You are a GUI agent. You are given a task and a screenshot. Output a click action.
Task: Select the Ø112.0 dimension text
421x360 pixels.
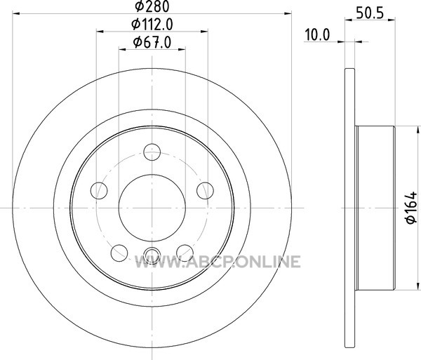[152, 25]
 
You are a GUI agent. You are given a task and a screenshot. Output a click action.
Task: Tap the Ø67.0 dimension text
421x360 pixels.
[152, 42]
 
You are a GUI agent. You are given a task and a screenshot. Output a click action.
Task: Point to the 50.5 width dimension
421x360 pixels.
[370, 13]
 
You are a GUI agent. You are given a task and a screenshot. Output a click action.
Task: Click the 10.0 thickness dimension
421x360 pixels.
[317, 35]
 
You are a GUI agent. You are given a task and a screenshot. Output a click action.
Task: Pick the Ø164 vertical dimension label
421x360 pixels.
[411, 207]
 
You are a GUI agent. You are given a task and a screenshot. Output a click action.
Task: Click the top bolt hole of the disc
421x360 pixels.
[152, 152]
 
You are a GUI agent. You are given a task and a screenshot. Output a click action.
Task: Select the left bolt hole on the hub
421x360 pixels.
[99, 191]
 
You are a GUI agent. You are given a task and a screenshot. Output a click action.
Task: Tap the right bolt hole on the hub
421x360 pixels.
[205, 191]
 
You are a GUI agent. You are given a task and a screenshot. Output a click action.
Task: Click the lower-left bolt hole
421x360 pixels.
[119, 253]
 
